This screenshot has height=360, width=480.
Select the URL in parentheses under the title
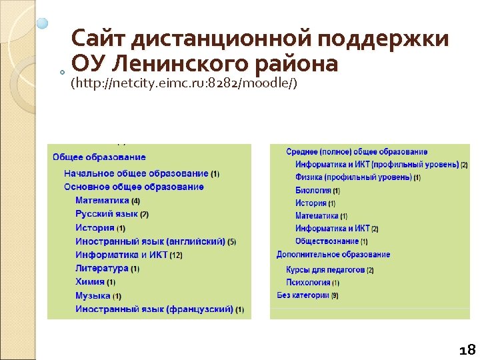(184, 84)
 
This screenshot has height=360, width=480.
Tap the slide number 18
(467, 349)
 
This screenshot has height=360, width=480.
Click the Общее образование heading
(99, 157)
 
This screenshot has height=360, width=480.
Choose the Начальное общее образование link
(136, 173)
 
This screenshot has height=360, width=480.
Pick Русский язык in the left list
(107, 214)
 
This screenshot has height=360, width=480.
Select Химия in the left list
(90, 282)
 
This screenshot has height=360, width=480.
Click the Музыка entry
(93, 295)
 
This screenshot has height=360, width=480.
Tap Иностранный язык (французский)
(154, 309)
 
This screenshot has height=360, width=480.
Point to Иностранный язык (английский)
(150, 241)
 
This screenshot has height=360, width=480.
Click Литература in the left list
(102, 269)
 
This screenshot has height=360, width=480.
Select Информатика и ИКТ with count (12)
(121, 255)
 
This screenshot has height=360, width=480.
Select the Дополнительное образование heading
(333, 255)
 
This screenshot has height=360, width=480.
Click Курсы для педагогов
(325, 270)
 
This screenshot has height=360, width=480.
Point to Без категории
(303, 295)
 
